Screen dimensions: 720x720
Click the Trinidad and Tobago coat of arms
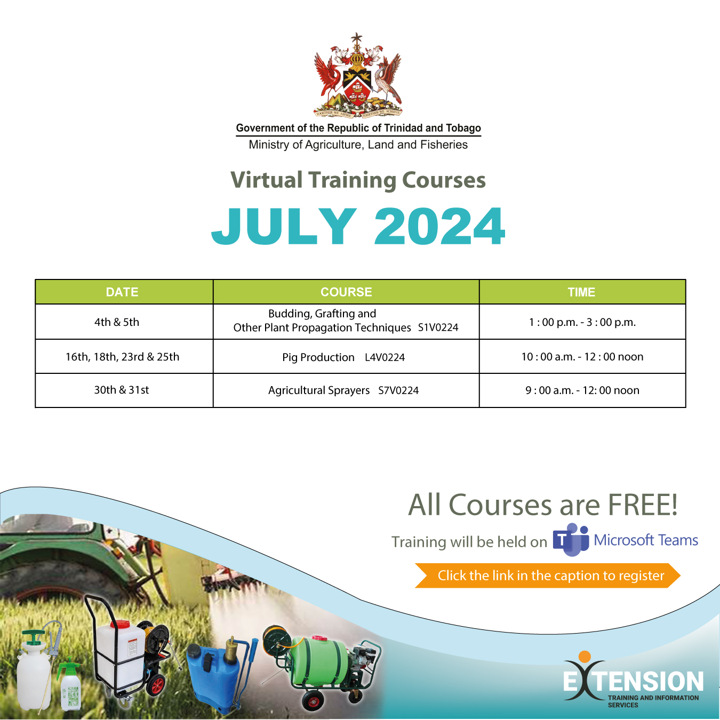pos(357,75)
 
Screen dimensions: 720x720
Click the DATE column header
pos(122,292)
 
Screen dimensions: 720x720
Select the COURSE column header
pos(346,292)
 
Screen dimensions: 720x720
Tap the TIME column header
pos(581,292)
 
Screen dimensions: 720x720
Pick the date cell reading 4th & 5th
pos(117,322)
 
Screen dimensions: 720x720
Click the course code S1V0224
pos(438,327)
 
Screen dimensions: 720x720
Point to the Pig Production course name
pos(318,357)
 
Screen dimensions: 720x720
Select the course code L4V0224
pos(385,357)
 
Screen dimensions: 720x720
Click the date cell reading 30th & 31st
pos(122,390)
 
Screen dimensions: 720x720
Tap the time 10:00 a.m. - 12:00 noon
pos(582,357)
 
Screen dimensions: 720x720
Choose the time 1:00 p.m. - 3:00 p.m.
pos(582,322)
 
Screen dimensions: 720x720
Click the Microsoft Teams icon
pos(571,540)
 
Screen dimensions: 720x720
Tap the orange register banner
pos(547,575)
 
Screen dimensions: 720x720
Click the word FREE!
pos(643,505)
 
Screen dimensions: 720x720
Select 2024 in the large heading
pos(439,227)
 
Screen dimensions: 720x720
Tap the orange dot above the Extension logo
pos(585,657)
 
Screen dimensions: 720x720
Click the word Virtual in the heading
pos(267,180)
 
